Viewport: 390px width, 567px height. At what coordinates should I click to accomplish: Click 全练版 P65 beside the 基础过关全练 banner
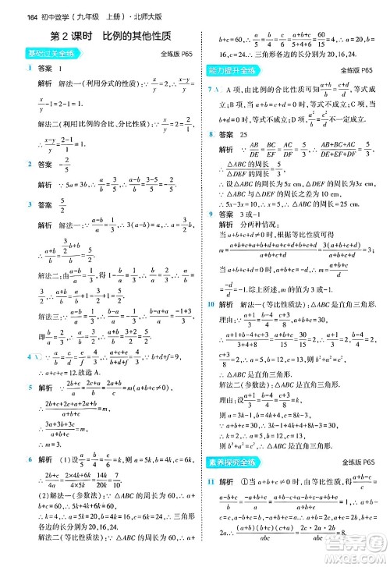(175, 54)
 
